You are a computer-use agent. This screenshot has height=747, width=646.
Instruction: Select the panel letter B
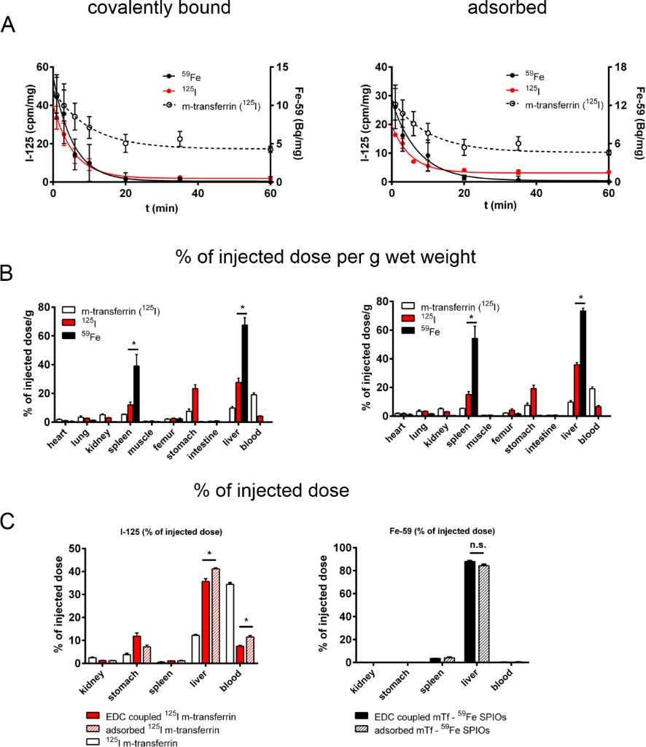tap(9, 274)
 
